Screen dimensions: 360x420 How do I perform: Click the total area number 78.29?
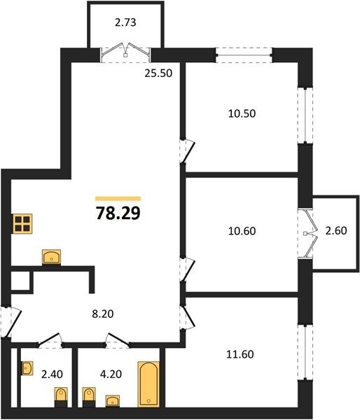coord(118,213)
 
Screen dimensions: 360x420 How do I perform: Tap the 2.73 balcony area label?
coord(125,22)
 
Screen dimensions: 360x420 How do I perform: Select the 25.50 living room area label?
coord(158,73)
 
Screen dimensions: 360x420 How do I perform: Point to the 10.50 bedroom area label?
coord(242,113)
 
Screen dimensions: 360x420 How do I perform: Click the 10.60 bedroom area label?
coord(242,231)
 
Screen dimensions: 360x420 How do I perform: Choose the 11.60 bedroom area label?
coord(240,354)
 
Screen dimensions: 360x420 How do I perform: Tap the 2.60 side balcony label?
coord(336,230)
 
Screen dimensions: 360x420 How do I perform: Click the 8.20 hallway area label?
coord(103,314)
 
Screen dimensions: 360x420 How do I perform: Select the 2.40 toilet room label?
coord(52,374)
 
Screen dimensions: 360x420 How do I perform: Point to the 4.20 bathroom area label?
coord(111,374)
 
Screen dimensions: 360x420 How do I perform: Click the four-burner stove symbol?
coord(22,224)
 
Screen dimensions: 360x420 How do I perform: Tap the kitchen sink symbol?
coord(51,258)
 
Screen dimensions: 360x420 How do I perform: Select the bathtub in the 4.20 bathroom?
coord(148,384)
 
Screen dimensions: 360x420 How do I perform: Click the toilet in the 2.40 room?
coord(61,397)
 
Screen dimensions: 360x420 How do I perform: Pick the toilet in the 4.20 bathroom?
coord(89,397)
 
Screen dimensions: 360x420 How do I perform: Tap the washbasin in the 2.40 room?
coord(27,368)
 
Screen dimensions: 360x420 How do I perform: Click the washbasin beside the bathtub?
coord(113,401)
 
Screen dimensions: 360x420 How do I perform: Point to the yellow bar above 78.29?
coord(118,199)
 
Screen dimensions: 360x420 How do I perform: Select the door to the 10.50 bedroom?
coord(187,150)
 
